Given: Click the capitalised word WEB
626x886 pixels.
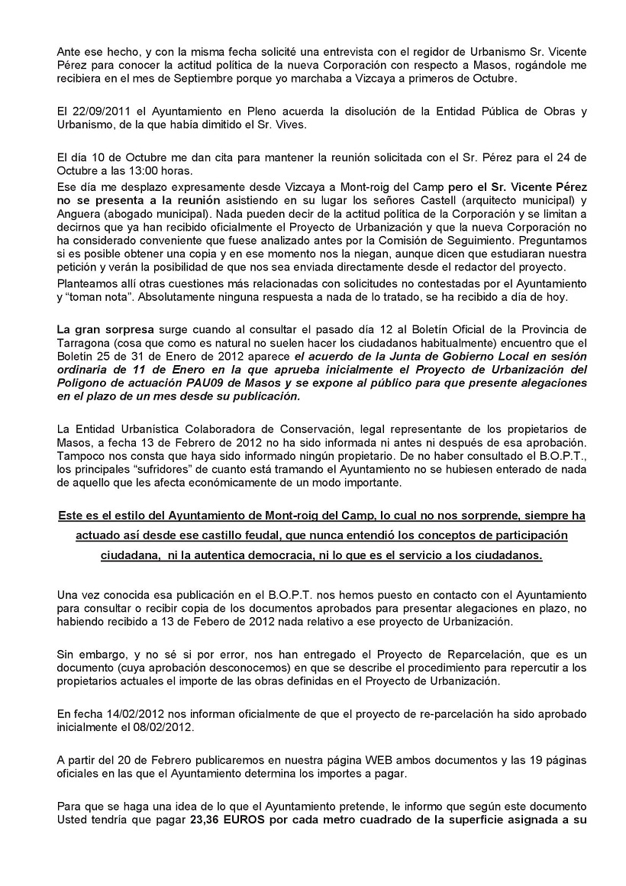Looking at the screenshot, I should [331, 758].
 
